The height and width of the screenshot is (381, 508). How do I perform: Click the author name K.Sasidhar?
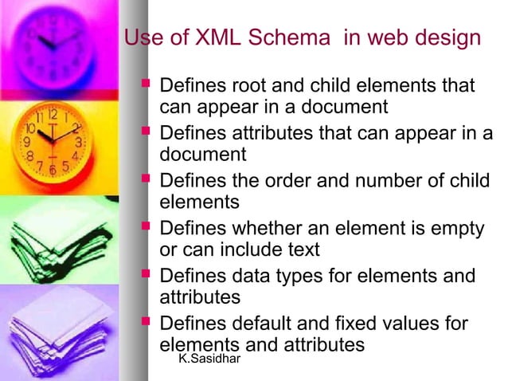point(209,361)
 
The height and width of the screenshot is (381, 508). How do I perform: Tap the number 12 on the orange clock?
point(51,113)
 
